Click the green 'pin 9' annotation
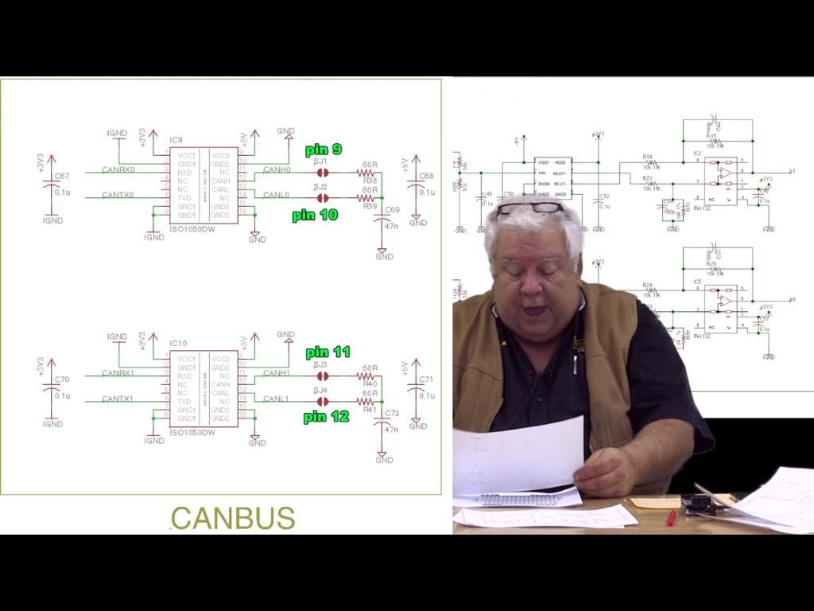point(324,150)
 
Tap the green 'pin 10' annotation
point(315,215)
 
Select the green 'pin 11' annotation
point(328,352)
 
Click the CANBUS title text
point(233,519)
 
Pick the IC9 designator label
point(176,140)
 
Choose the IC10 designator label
point(178,344)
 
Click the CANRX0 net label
point(118,169)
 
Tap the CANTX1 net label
point(118,399)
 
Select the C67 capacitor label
point(62,176)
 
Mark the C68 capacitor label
point(426,176)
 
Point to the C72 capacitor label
point(391,414)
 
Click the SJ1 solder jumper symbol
point(321,172)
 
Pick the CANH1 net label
point(276,373)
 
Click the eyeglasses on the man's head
point(530,208)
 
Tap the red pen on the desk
point(672,518)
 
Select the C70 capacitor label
point(62,379)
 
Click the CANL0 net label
point(276,195)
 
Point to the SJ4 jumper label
point(320,391)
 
